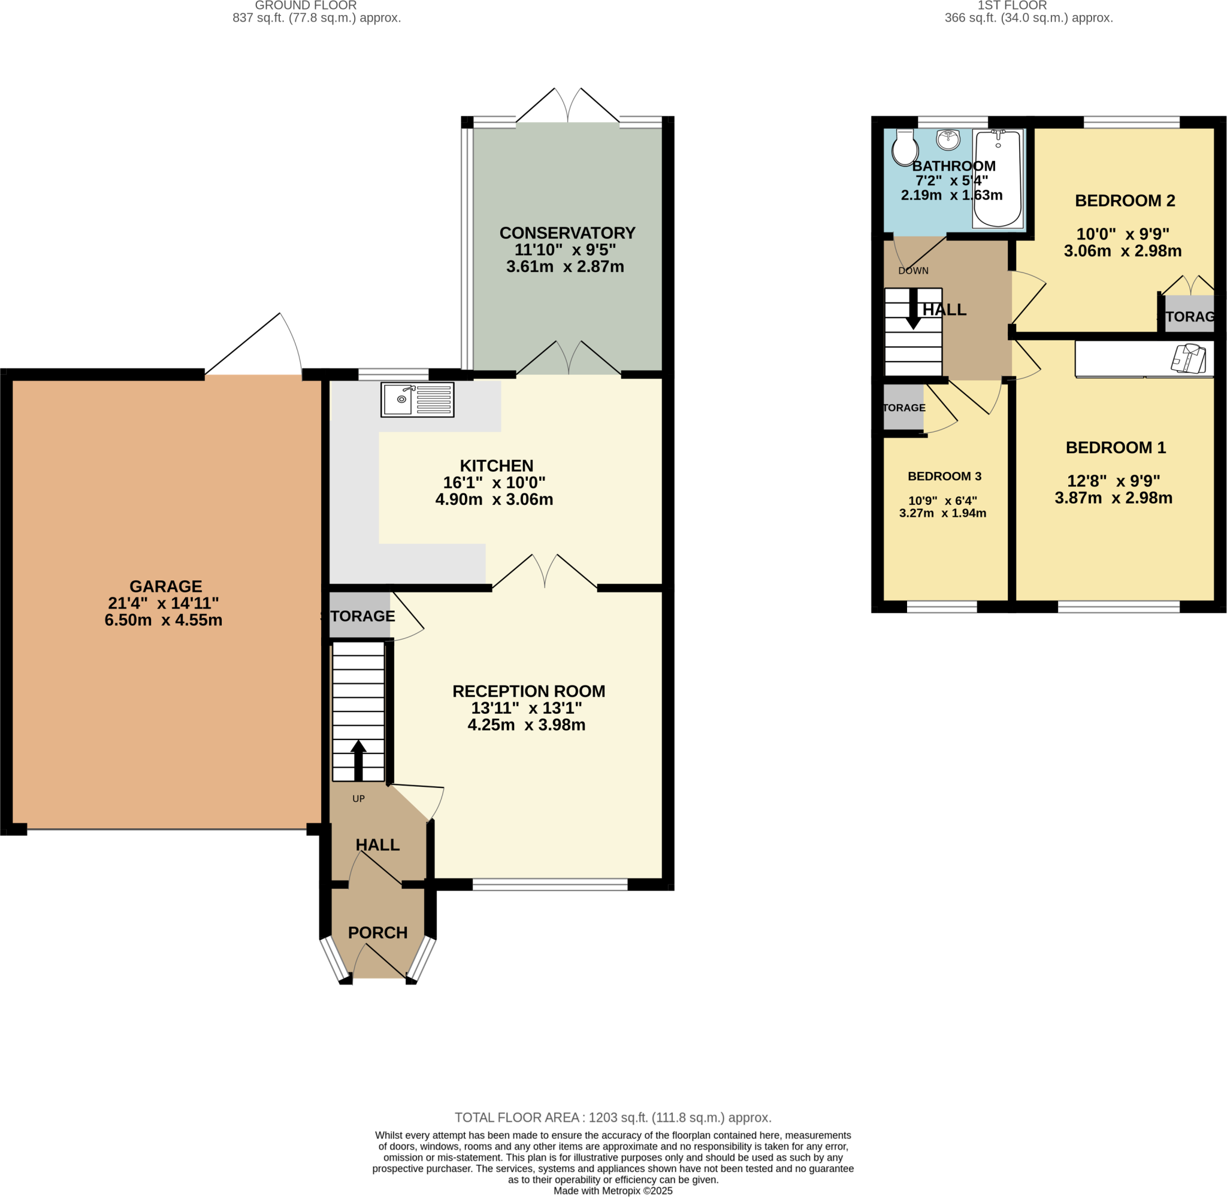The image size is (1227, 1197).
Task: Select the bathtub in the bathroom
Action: pyautogui.click(x=997, y=179)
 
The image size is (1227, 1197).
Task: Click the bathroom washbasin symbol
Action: pyautogui.click(x=948, y=140)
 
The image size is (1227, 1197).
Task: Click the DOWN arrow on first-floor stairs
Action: pyautogui.click(x=912, y=310)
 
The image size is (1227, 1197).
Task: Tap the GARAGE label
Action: pyautogui.click(x=165, y=586)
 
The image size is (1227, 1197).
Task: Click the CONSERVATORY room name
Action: pyautogui.click(x=567, y=232)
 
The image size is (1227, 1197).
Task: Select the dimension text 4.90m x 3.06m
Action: pyautogui.click(x=494, y=500)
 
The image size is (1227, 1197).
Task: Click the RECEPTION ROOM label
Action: pyautogui.click(x=528, y=691)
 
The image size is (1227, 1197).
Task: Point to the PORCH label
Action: pyautogui.click(x=377, y=932)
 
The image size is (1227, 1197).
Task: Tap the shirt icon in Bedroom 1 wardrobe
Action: pyautogui.click(x=1188, y=358)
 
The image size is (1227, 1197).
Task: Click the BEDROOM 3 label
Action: pyautogui.click(x=944, y=476)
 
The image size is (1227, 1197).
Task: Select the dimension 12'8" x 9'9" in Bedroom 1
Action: pyautogui.click(x=1113, y=481)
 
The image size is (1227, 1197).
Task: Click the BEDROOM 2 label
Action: pyautogui.click(x=1125, y=201)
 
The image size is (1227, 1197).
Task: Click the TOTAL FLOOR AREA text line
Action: pyautogui.click(x=612, y=1117)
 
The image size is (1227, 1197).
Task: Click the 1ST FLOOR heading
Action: pyautogui.click(x=1011, y=5)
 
